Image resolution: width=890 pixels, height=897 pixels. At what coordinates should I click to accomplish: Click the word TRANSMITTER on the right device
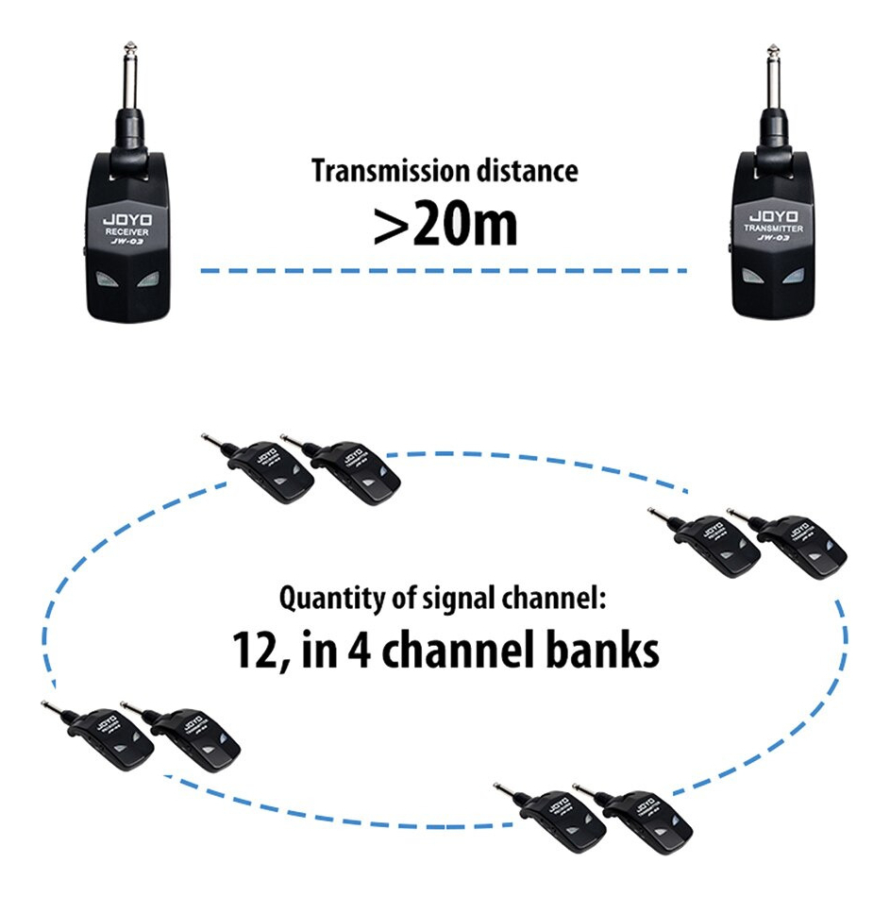coord(772,227)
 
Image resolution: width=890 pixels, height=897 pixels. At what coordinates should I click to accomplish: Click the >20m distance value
coord(445,225)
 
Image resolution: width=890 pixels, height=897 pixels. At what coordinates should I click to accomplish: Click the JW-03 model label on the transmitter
coord(772,239)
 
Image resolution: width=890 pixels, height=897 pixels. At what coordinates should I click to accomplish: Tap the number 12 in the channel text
coord(252,650)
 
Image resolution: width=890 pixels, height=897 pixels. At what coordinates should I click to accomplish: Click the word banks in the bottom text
coord(604,650)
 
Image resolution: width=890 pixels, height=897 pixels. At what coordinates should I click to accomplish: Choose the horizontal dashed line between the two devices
coord(444,271)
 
